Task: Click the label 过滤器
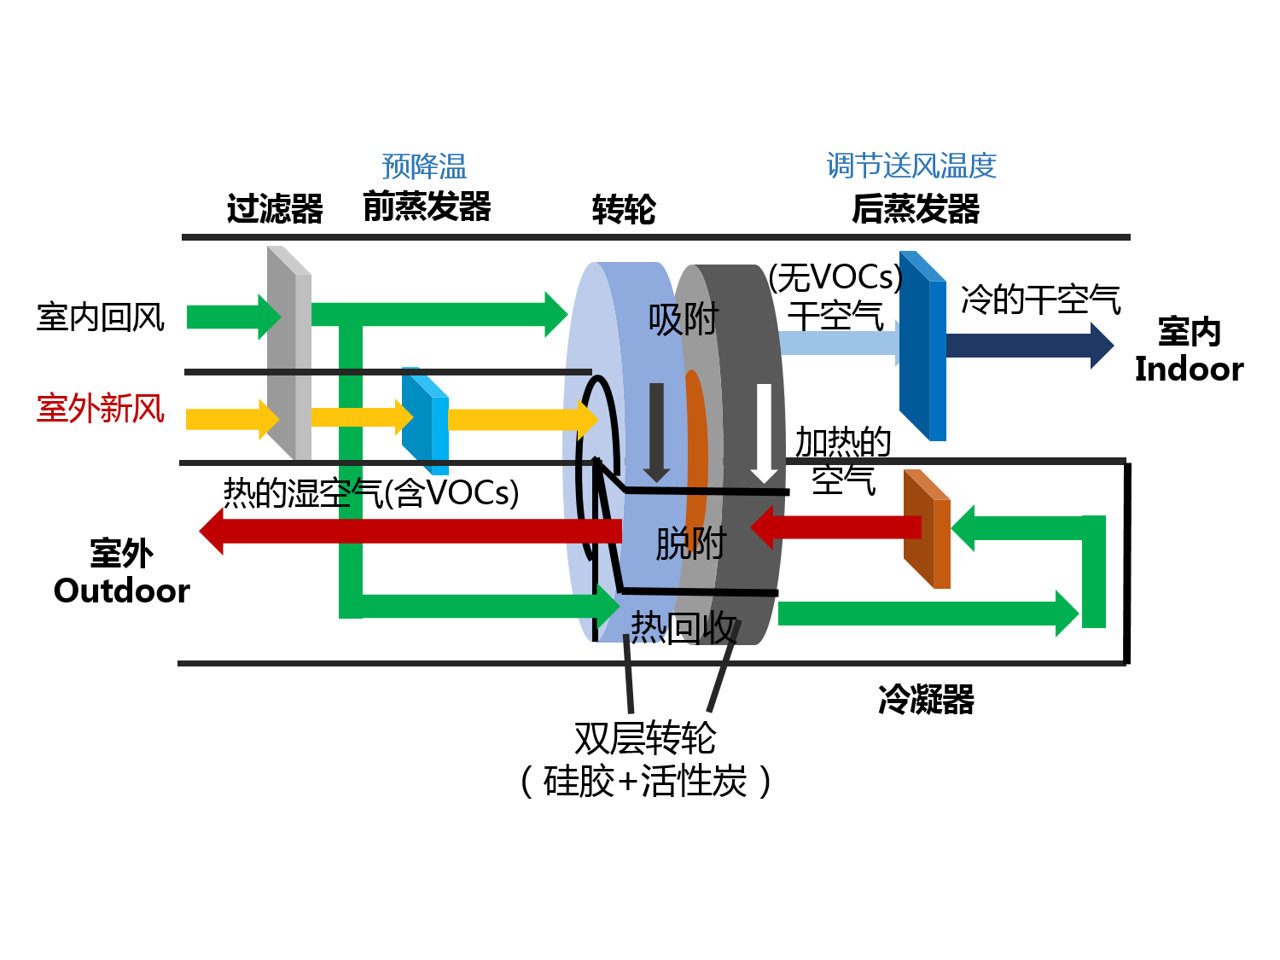pyautogui.click(x=275, y=208)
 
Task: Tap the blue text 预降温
pyautogui.click(x=424, y=166)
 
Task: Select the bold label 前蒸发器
pyautogui.click(x=427, y=207)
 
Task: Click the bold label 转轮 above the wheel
pyautogui.click(x=624, y=209)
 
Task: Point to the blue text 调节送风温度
pyautogui.click(x=911, y=166)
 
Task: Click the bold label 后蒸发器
pyautogui.click(x=916, y=208)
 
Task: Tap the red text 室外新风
pyautogui.click(x=100, y=408)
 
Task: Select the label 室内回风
pyautogui.click(x=100, y=317)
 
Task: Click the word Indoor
pyautogui.click(x=1189, y=369)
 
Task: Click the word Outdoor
pyautogui.click(x=121, y=591)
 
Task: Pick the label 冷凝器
pyautogui.click(x=926, y=700)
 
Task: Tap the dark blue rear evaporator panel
pyautogui.click(x=922, y=346)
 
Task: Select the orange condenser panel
pyautogui.click(x=927, y=529)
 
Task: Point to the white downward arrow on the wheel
pyautogui.click(x=764, y=431)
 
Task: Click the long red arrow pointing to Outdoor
pyautogui.click(x=410, y=531)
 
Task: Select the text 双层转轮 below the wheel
pyautogui.click(x=645, y=738)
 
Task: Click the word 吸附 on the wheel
pyautogui.click(x=684, y=320)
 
